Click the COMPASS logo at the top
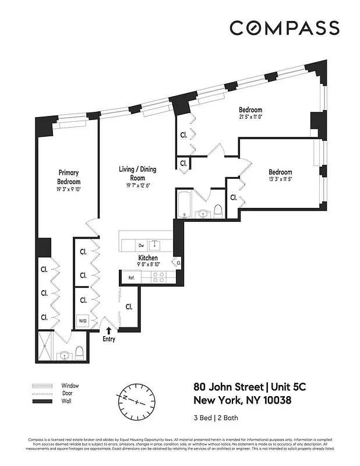(284, 28)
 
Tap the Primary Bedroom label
(68, 176)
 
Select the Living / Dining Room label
(137, 173)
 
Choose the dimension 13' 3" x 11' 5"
(280, 180)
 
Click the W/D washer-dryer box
(82, 320)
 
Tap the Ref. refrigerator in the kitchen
(132, 278)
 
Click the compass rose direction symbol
(137, 402)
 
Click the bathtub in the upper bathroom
(185, 204)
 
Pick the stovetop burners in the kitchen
(158, 277)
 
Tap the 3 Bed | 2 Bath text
(217, 418)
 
